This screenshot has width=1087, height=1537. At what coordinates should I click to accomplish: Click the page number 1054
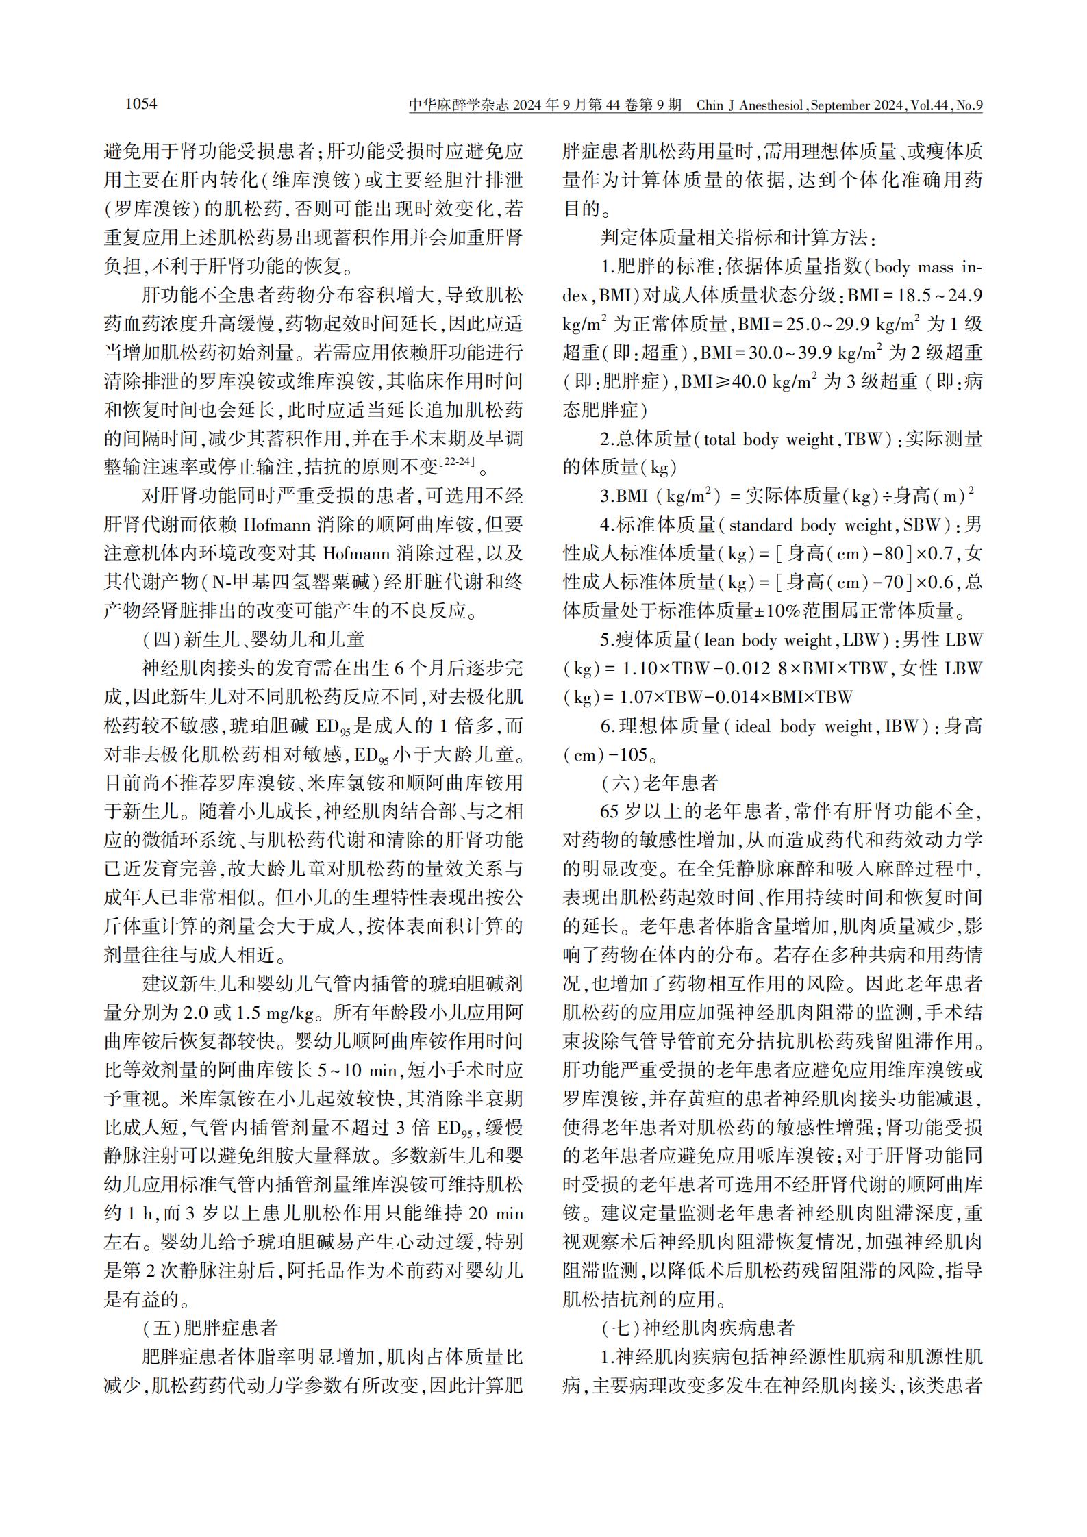141,104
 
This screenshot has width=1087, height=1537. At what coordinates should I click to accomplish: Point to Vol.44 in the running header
928,105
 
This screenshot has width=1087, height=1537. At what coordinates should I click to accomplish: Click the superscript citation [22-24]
456,461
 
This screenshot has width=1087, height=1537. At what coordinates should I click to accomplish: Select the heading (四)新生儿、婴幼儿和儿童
253,639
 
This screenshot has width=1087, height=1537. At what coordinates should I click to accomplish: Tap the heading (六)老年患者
659,783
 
